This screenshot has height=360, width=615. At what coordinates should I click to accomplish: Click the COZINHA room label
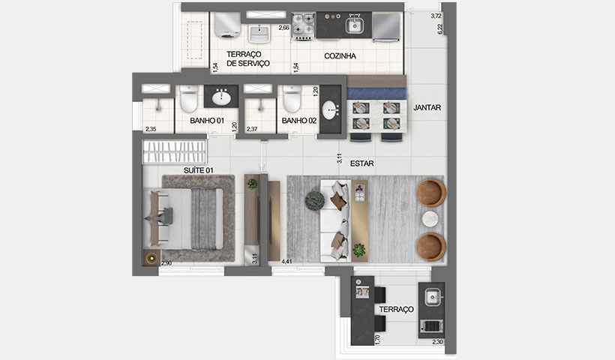[340, 56]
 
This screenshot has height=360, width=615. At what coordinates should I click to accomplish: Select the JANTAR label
[427, 107]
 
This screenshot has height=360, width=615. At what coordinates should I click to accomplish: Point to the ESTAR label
[361, 162]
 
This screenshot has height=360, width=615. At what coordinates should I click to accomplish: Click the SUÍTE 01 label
[199, 170]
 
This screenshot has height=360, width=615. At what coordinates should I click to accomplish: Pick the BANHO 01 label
[207, 121]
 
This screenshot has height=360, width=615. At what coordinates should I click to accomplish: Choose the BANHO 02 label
[298, 121]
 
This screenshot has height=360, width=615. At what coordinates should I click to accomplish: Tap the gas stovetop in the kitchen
[303, 26]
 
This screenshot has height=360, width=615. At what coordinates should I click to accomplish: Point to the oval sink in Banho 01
[221, 97]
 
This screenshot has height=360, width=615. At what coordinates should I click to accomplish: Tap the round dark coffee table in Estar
[314, 199]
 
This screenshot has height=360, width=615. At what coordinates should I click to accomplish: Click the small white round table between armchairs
[430, 218]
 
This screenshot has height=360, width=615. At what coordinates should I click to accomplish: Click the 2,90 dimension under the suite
[166, 262]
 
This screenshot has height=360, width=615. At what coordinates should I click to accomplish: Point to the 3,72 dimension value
[436, 16]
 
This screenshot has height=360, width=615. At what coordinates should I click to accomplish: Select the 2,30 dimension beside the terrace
[438, 342]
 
